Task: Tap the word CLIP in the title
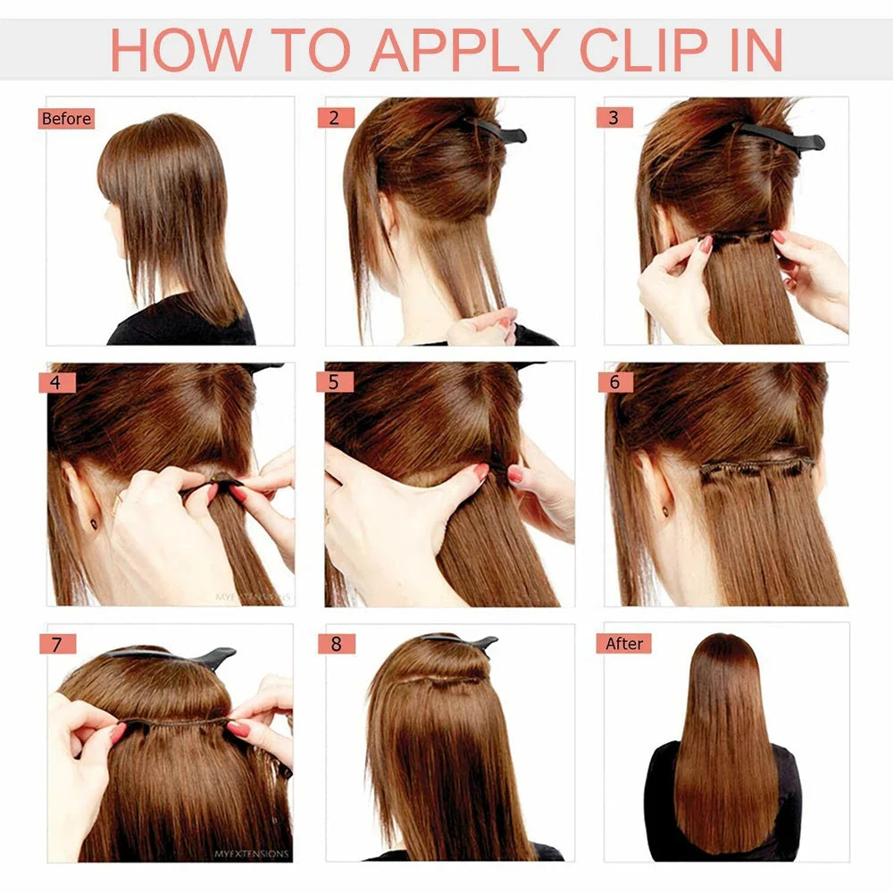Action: coord(649,51)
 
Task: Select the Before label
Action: coord(66,119)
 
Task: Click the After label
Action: coord(623,643)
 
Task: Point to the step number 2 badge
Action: coord(336,118)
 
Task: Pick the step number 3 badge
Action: coord(613,118)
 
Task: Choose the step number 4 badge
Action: coord(56,382)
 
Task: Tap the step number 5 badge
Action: coord(335,382)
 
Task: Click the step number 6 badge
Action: coord(614,382)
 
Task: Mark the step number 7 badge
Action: coord(57,643)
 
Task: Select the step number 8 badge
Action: coord(336,643)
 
